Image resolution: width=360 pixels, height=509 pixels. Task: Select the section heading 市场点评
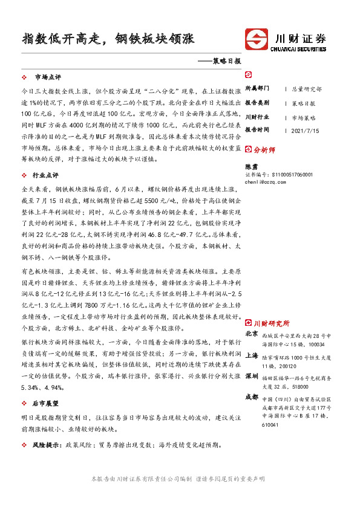point(48,77)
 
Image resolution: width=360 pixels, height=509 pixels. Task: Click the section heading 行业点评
point(48,175)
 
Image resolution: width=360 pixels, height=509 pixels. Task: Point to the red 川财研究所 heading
point(270,323)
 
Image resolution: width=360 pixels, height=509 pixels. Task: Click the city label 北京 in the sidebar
point(251,334)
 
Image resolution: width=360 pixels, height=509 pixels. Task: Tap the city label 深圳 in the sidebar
point(251,377)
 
